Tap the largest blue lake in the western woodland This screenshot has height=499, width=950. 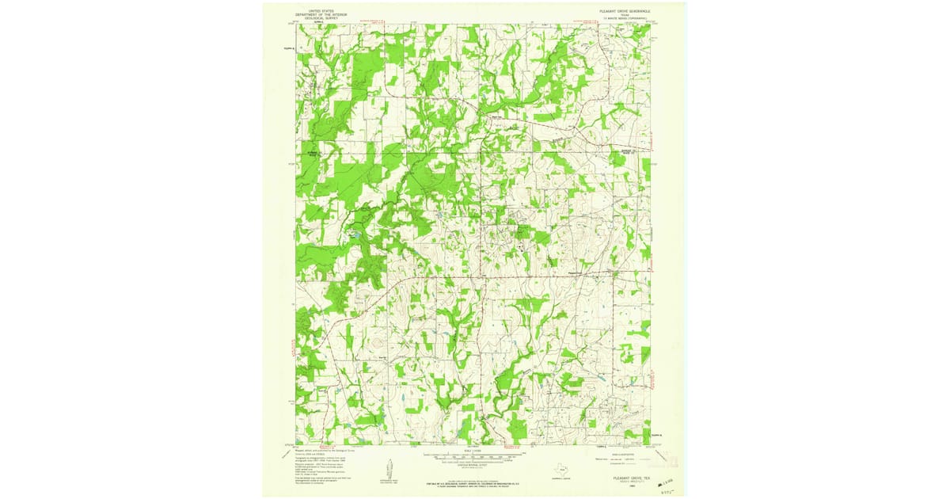coord(354,235)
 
